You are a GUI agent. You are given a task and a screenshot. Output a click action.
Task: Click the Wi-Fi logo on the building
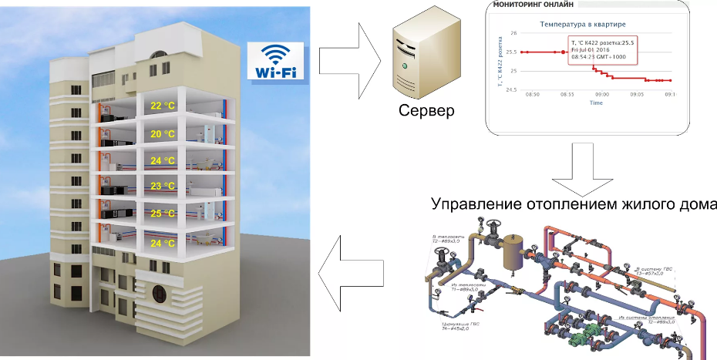pyautogui.click(x=274, y=61)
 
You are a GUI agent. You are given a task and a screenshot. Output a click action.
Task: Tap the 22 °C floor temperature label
pyautogui.click(x=163, y=106)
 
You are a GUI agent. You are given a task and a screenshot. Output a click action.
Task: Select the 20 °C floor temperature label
pyautogui.click(x=163, y=134)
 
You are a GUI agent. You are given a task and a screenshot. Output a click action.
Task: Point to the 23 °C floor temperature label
pyautogui.click(x=163, y=187)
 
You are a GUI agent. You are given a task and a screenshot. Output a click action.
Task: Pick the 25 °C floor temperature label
pyautogui.click(x=163, y=214)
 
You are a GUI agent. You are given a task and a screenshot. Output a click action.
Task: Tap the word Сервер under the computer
pyautogui.click(x=426, y=110)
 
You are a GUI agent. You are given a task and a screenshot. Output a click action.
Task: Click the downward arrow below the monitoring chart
pyautogui.click(x=581, y=169)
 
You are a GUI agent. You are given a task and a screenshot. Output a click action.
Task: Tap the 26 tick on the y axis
pyautogui.click(x=513, y=34)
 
